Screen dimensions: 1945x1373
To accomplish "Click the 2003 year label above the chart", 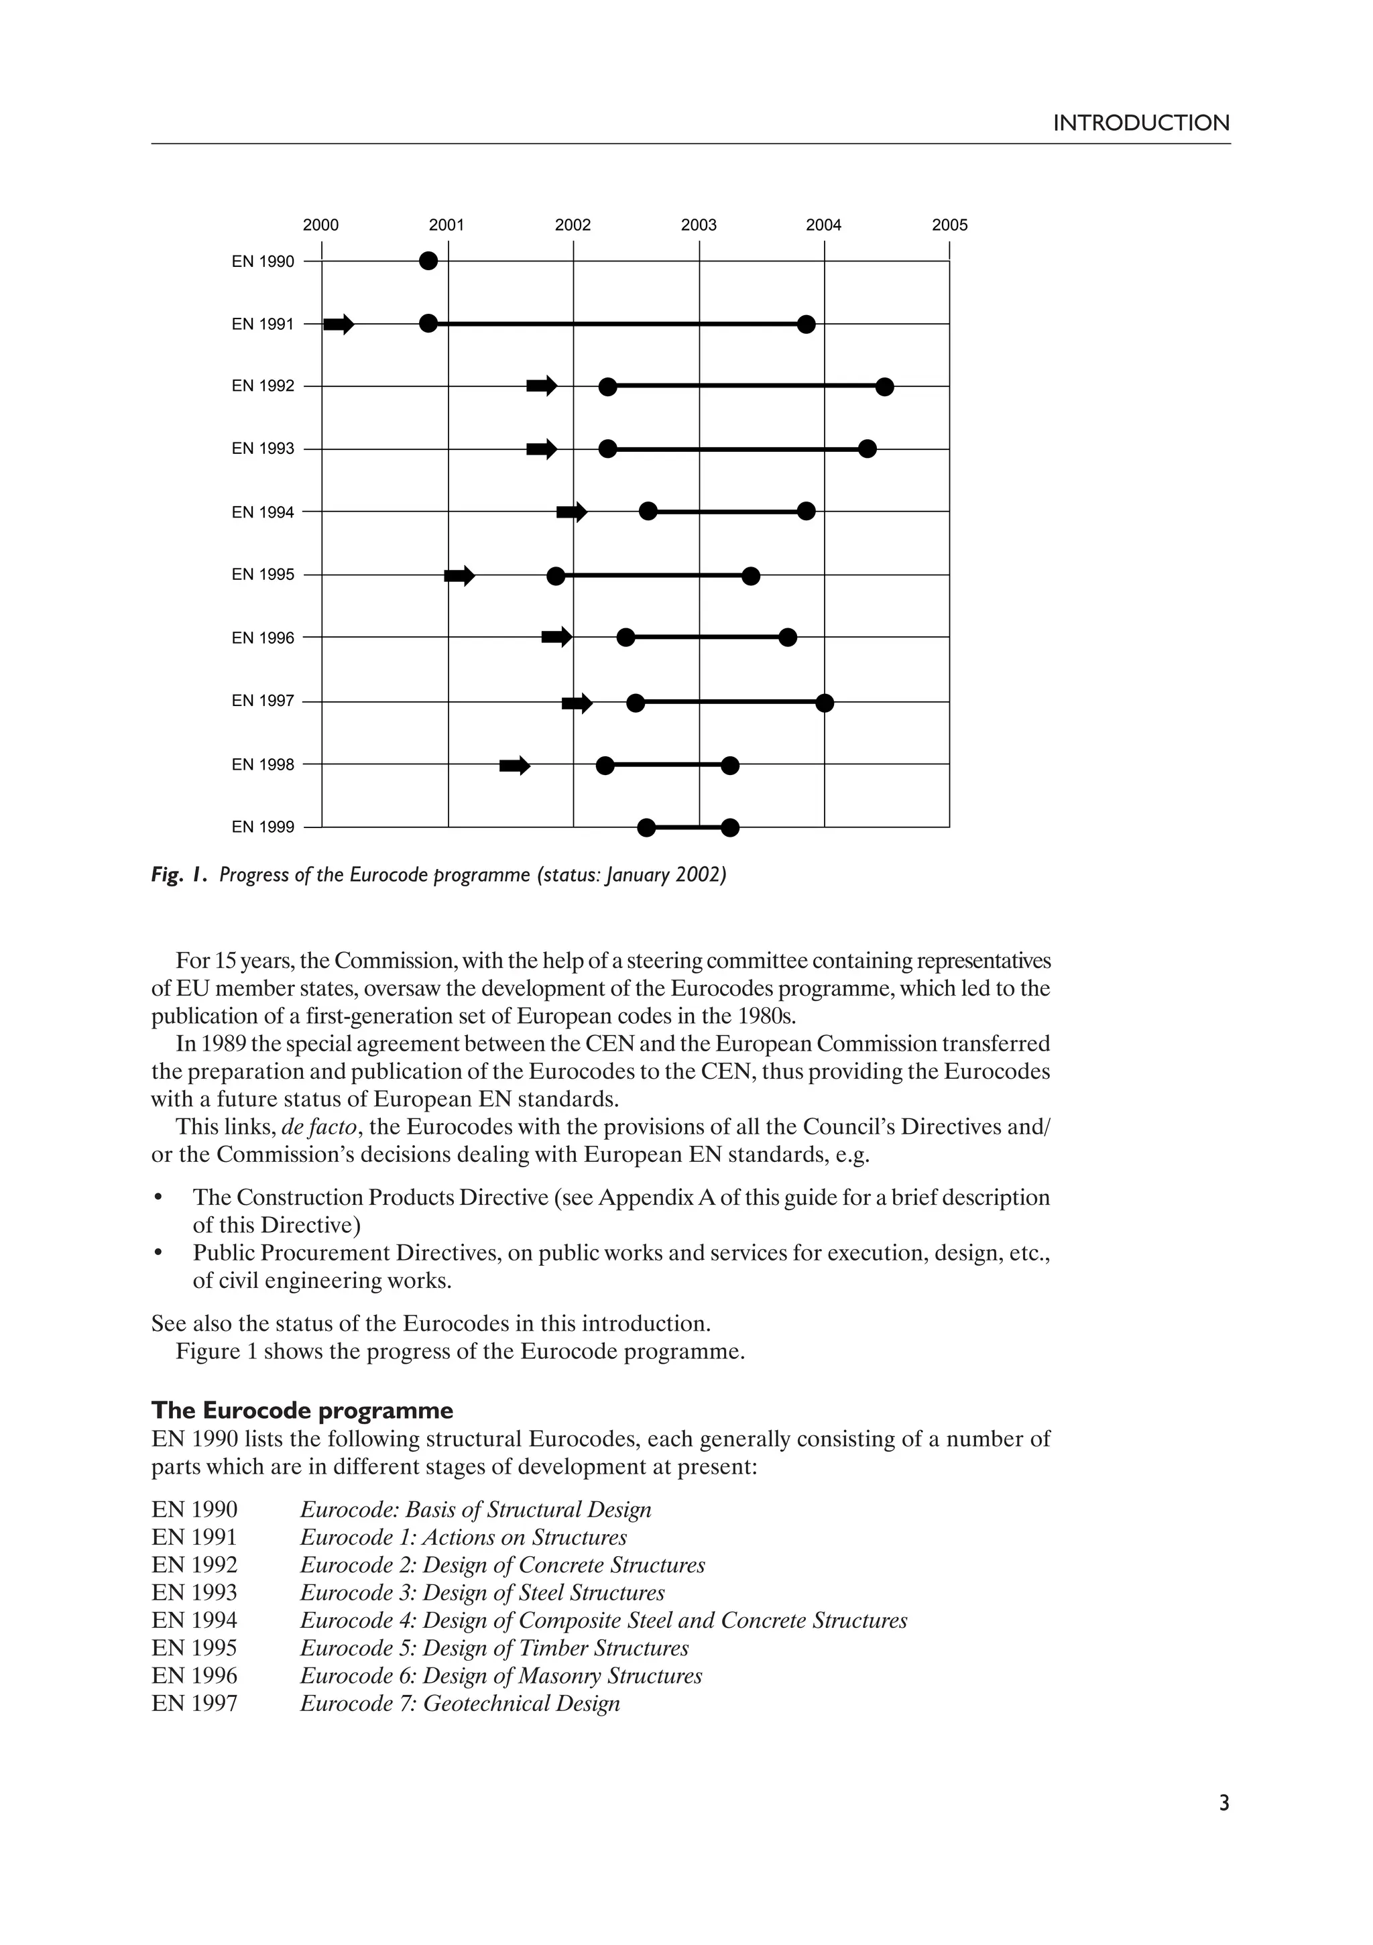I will [x=698, y=225].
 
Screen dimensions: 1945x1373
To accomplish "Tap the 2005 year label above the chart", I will [x=949, y=225].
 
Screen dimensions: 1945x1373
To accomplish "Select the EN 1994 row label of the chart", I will [x=263, y=512].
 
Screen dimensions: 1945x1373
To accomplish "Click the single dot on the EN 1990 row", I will [x=428, y=261].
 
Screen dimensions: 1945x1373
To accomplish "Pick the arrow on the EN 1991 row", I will [x=339, y=324].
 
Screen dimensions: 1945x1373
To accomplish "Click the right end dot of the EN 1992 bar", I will [x=884, y=387].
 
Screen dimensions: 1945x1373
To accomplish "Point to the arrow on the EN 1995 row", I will [x=459, y=576].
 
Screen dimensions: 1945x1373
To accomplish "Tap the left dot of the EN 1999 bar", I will [x=646, y=827].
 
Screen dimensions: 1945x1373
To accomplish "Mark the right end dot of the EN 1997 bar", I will [x=825, y=703].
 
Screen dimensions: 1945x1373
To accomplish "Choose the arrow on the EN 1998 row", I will [x=514, y=766].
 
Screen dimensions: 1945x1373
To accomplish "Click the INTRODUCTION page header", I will [x=1140, y=123].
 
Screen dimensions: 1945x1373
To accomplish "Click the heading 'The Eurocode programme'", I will [x=302, y=1411].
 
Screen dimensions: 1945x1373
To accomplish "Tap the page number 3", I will [x=1223, y=1827].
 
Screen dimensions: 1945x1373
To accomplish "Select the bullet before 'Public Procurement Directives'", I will [x=158, y=1253].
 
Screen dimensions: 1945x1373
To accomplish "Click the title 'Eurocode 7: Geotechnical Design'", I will [x=460, y=1704].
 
